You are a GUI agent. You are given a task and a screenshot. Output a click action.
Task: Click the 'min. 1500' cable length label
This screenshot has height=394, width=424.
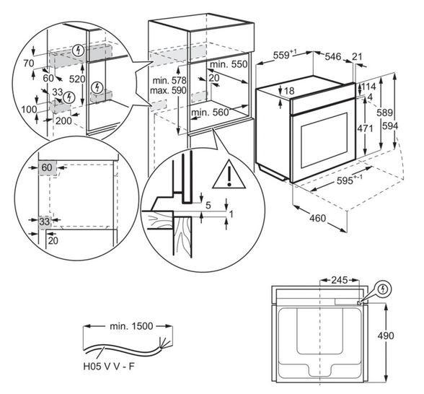click(x=131, y=326)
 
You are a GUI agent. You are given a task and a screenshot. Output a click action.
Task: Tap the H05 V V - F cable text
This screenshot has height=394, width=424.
click(x=109, y=367)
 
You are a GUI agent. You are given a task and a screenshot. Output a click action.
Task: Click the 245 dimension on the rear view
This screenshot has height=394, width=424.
click(x=340, y=280)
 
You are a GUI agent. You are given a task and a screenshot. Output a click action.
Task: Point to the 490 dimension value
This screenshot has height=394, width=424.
click(x=386, y=336)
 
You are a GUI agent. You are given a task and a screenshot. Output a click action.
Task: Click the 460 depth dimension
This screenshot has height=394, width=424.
click(x=317, y=218)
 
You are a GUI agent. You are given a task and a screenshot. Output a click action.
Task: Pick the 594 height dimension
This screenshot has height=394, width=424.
click(x=390, y=126)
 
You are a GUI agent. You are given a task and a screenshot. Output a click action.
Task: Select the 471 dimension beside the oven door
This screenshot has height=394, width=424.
click(x=366, y=128)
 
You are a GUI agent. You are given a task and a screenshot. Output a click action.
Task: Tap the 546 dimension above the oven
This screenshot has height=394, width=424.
click(x=333, y=56)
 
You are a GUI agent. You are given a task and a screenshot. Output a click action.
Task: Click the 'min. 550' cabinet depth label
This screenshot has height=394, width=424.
click(x=229, y=64)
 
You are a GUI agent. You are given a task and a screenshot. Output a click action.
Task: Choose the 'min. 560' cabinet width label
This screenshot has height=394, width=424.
click(x=210, y=113)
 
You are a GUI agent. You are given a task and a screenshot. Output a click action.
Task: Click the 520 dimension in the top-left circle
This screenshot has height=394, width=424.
click(x=77, y=79)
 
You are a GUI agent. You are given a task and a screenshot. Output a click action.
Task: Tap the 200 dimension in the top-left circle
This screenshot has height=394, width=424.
click(x=63, y=121)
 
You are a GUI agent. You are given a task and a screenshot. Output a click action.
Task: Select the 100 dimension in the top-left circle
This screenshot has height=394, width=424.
click(x=29, y=110)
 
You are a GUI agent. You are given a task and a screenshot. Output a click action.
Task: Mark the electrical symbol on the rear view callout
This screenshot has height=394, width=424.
click(x=383, y=289)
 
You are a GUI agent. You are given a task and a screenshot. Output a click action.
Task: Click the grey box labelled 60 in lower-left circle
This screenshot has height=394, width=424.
click(x=48, y=167)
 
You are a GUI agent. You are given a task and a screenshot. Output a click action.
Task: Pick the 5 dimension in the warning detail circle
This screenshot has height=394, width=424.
click(x=208, y=205)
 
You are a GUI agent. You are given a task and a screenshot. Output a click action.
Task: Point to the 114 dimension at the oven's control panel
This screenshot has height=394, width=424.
click(x=368, y=87)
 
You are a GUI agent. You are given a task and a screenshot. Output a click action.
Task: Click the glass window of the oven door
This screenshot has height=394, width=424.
click(x=322, y=141)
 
